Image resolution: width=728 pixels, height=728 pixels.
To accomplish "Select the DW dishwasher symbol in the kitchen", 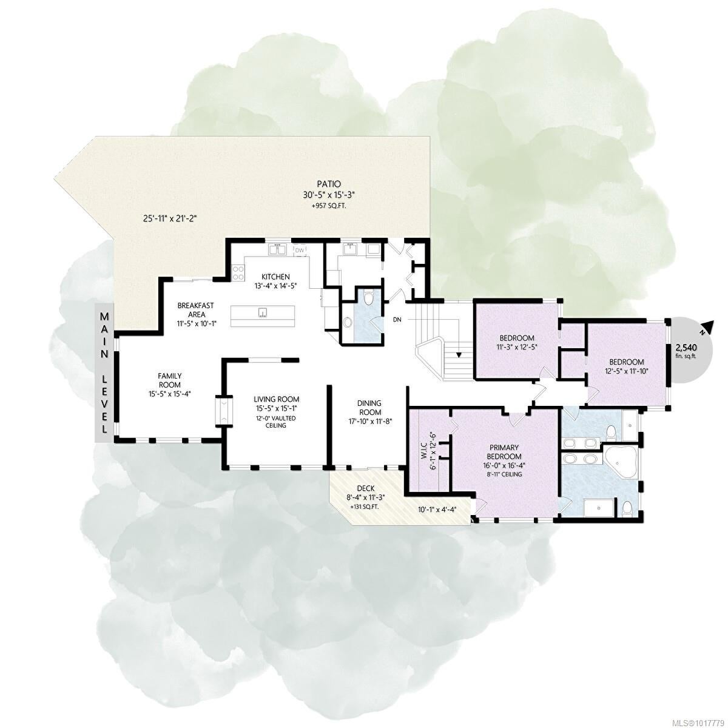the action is [300, 250].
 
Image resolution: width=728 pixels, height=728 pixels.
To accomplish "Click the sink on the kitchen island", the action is [263, 312].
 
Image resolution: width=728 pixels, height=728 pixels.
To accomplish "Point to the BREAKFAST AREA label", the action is [195, 310].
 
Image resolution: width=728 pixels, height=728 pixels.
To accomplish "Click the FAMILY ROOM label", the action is [170, 380].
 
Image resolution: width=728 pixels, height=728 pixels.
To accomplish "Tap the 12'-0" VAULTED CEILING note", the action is [275, 422].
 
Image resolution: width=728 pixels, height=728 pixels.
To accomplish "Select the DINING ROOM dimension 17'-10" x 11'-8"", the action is [370, 420].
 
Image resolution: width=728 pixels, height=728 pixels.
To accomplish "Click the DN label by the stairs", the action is [397, 320].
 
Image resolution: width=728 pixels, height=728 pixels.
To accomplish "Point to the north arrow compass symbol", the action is [706, 328].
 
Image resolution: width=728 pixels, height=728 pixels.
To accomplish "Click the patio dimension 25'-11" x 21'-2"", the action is [170, 218].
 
